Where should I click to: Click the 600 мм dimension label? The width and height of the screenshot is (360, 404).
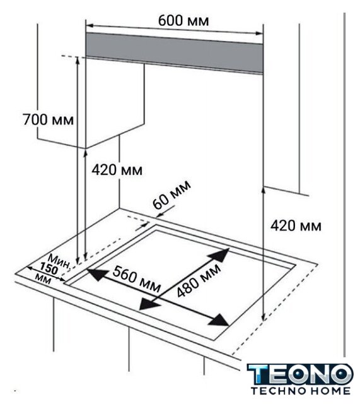[183, 21]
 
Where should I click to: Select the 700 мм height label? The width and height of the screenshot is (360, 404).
[48, 119]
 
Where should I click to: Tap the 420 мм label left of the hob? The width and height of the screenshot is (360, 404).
[117, 170]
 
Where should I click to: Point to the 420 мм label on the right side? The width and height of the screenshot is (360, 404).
[296, 226]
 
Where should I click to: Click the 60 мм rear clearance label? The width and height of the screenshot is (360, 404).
[172, 194]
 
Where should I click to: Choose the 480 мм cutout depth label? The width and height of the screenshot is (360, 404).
[199, 280]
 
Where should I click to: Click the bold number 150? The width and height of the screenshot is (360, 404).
[49, 270]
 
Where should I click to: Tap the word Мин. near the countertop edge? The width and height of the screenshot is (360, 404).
[60, 261]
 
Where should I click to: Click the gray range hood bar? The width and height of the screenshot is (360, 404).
[174, 53]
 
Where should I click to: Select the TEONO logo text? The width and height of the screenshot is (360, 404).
[300, 374]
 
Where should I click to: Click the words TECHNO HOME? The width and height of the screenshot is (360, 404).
[300, 391]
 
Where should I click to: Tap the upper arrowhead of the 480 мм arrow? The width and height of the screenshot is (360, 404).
[219, 255]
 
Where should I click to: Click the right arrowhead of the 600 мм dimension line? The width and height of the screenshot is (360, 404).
[259, 33]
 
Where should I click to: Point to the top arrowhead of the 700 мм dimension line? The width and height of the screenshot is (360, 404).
[77, 61]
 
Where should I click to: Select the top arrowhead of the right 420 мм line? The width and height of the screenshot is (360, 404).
[263, 191]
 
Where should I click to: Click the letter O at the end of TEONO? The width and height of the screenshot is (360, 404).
[340, 374]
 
